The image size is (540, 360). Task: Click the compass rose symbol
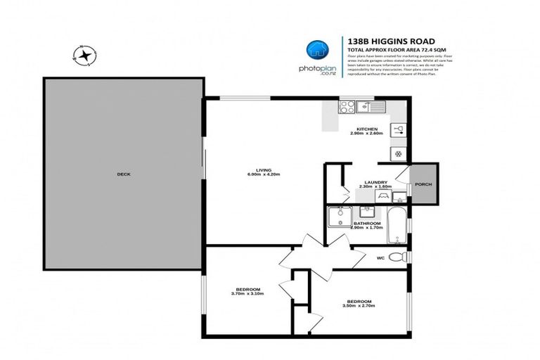[x=85, y=55]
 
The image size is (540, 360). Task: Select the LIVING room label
[x=264, y=169]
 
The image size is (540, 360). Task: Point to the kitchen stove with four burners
[x=347, y=107]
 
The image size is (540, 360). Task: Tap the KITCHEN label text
[x=367, y=129]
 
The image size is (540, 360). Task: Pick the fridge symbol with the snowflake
[x=397, y=153]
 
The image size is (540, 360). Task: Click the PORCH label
[x=424, y=185]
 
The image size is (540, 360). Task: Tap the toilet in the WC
[x=398, y=257]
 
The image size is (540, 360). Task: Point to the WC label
[x=380, y=258]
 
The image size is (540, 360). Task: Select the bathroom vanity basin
[x=367, y=211]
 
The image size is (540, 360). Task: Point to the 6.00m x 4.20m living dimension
[x=264, y=175]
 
